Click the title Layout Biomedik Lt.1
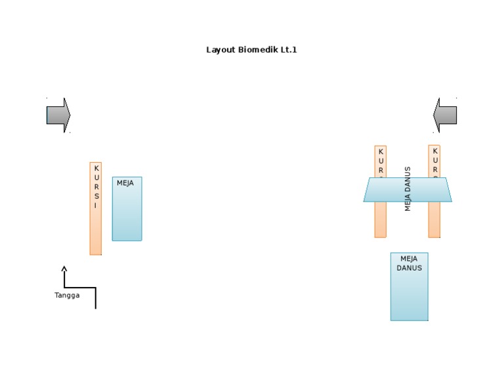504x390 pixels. pyautogui.click(x=251, y=49)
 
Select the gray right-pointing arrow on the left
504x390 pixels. pyautogui.click(x=58, y=116)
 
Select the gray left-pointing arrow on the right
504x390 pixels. pyautogui.click(x=445, y=116)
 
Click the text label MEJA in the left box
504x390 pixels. pyautogui.click(x=125, y=183)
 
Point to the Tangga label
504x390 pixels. pyautogui.click(x=67, y=295)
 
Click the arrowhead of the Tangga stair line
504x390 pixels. pyautogui.click(x=64, y=268)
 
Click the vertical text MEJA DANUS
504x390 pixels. pyautogui.click(x=408, y=188)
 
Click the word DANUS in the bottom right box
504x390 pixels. pyautogui.click(x=409, y=268)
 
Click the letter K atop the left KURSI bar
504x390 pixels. pyautogui.click(x=96, y=168)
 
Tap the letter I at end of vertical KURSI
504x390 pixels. pyautogui.click(x=96, y=206)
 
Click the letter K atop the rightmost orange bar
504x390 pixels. pyautogui.click(x=434, y=151)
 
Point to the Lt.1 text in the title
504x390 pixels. pyautogui.click(x=289, y=49)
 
